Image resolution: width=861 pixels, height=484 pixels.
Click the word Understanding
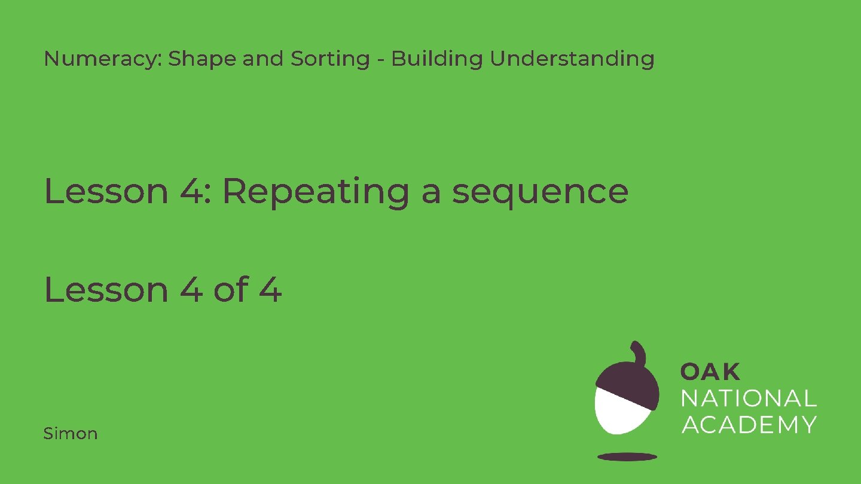[x=572, y=59]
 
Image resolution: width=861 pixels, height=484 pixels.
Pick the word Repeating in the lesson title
[x=316, y=192]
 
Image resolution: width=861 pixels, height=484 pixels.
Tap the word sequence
[x=539, y=192]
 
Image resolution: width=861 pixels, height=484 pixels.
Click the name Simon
[x=71, y=433]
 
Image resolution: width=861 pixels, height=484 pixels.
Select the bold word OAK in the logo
[x=710, y=372]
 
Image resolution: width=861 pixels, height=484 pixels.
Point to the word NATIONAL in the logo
[x=749, y=398]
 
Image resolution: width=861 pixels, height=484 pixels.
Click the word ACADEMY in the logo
[x=749, y=424]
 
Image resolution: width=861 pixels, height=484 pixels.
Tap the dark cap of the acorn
[x=627, y=379]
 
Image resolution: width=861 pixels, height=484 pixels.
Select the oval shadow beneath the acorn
[x=627, y=457]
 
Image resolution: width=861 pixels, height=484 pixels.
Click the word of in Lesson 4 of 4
[x=230, y=290]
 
